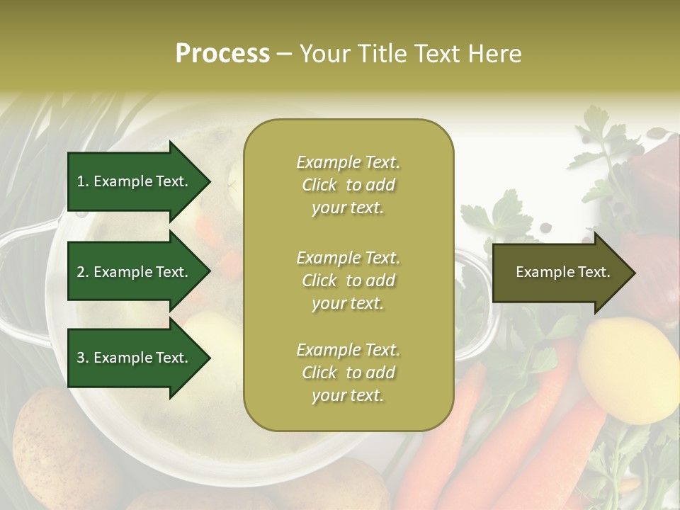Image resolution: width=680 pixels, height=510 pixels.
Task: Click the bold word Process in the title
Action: point(222,53)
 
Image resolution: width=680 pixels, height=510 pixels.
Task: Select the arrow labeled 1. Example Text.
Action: point(135,181)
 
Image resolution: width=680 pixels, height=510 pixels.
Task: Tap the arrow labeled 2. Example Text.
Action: point(135,272)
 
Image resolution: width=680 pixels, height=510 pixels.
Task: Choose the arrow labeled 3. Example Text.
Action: point(135,358)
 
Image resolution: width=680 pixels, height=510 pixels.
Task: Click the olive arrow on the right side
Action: point(560,272)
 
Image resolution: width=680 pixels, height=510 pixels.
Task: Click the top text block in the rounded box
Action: point(348,185)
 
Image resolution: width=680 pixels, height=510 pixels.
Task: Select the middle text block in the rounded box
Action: point(348,280)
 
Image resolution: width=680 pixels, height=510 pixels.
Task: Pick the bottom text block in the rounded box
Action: point(348,373)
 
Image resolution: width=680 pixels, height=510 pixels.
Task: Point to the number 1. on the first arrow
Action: point(83,181)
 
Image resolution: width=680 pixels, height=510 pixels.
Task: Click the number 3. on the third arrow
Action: point(83,358)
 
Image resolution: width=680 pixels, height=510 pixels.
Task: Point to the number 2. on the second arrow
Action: point(83,272)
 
